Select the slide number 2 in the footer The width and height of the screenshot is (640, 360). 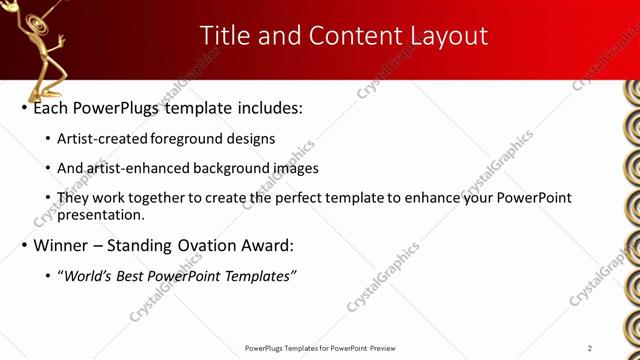pyautogui.click(x=589, y=347)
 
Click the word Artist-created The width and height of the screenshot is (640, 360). pyautogui.click(x=103, y=139)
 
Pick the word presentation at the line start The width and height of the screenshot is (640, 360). pyautogui.click(x=100, y=214)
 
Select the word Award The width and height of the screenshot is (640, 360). pyautogui.click(x=267, y=245)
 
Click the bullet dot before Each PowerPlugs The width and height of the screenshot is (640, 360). pyautogui.click(x=24, y=107)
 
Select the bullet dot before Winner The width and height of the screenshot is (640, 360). pyautogui.click(x=24, y=245)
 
